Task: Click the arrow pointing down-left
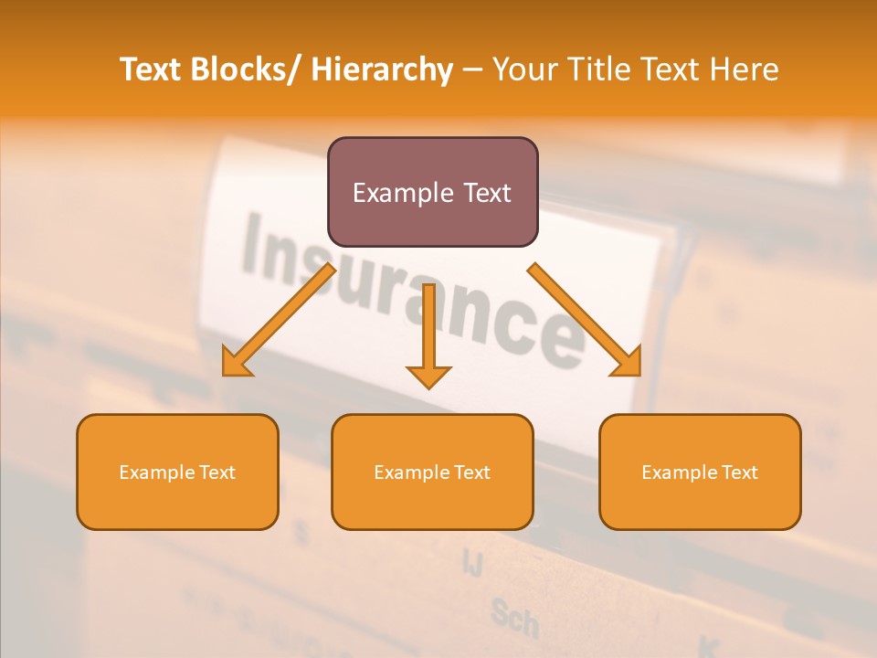pyautogui.click(x=279, y=320)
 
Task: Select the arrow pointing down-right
pyautogui.click(x=585, y=320)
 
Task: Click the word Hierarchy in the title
pyautogui.click(x=381, y=69)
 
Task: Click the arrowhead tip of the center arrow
pyautogui.click(x=428, y=387)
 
